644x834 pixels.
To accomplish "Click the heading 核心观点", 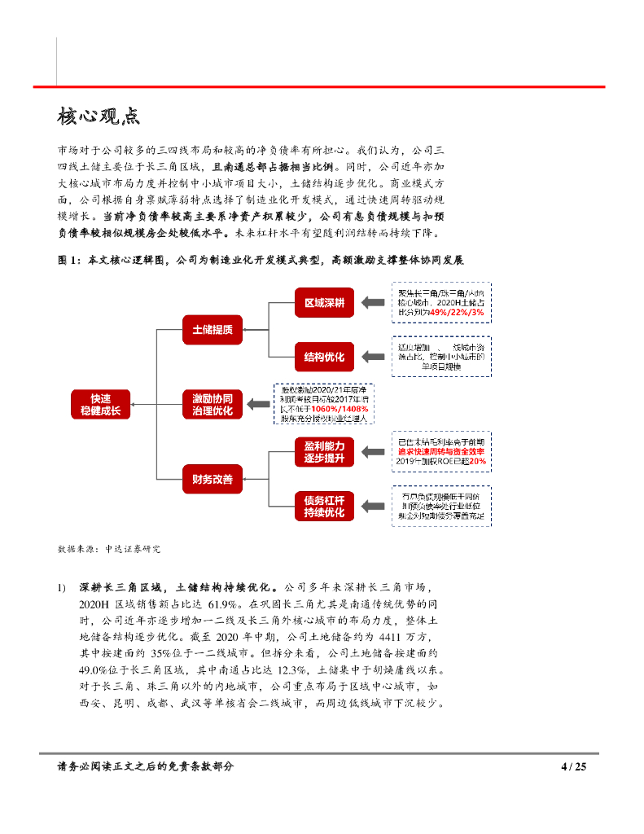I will [x=99, y=116].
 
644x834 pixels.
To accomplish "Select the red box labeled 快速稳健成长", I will [x=101, y=405].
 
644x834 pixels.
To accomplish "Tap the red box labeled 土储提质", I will [x=212, y=330].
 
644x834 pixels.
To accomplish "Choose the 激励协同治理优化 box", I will [x=212, y=405].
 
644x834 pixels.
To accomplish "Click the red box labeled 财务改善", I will [x=212, y=479].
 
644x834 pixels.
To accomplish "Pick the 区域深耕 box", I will [x=324, y=303].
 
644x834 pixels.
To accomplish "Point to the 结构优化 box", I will [x=324, y=357].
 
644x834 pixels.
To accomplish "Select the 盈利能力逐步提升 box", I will [x=324, y=452].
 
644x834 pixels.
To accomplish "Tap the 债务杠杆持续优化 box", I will [x=324, y=506].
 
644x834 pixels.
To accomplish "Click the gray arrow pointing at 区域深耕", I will [x=372, y=303].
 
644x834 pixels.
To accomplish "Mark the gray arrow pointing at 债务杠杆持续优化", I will [x=372, y=506].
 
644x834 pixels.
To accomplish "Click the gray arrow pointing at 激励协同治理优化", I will [x=259, y=405].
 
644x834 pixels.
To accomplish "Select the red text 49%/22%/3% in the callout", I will [x=453, y=312].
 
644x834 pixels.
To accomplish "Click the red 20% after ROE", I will [x=477, y=462].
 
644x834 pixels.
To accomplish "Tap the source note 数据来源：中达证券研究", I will [x=109, y=549].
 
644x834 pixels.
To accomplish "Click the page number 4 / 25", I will [x=574, y=766].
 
